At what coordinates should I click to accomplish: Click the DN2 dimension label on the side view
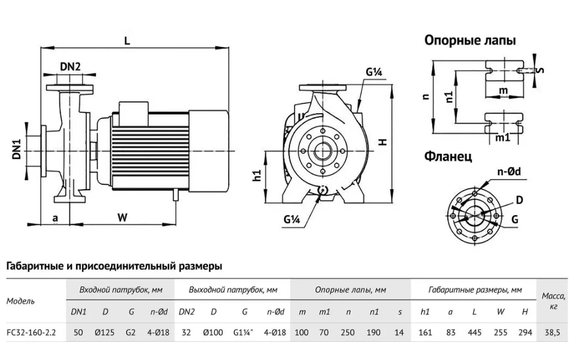tap(70, 67)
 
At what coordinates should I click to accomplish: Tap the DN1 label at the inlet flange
tap(17, 149)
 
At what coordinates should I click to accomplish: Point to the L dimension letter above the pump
tap(127, 41)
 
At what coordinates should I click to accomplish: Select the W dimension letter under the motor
tap(123, 217)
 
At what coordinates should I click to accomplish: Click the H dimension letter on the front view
tap(383, 142)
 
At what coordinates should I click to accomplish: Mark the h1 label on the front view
tap(257, 175)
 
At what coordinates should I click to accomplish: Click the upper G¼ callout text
tap(374, 72)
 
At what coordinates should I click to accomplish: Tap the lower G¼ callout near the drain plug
tap(291, 219)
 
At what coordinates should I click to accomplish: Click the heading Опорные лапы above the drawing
tap(470, 41)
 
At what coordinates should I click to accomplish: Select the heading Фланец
tap(448, 157)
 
